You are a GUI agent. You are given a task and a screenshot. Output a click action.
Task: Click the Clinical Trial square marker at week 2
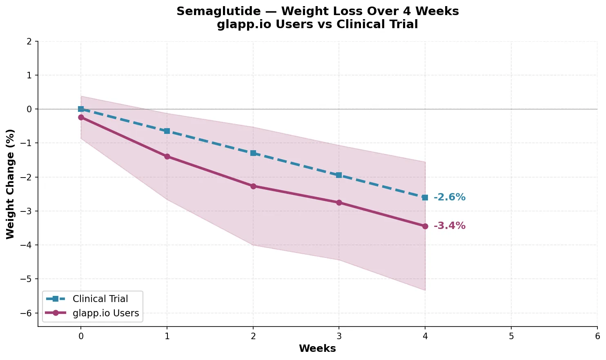[x=253, y=153]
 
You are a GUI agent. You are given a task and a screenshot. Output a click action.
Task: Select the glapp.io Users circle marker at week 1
[x=167, y=156]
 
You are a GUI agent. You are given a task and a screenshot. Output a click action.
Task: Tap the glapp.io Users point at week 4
[x=425, y=226]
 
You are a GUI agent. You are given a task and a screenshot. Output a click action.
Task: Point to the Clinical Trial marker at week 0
[x=81, y=109]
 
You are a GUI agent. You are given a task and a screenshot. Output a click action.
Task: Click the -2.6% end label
[x=449, y=198]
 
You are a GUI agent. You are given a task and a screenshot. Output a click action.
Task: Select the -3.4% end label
[x=449, y=226]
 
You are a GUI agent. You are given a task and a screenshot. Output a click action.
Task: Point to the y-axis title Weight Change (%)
[x=11, y=184]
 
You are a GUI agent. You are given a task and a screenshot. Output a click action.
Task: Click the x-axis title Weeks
[x=317, y=349]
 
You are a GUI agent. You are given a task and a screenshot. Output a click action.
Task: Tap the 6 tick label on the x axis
[x=597, y=336]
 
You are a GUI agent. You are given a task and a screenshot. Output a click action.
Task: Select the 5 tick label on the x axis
[x=511, y=336]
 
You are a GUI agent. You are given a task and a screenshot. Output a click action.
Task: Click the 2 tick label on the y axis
[x=29, y=41]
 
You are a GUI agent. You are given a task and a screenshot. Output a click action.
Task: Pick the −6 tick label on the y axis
[x=27, y=313]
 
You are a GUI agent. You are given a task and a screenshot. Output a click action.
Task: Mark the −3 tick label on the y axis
[x=27, y=211]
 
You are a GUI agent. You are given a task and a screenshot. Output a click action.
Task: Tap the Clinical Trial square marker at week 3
[x=339, y=175]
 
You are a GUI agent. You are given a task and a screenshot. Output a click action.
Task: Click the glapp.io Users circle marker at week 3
[x=339, y=202]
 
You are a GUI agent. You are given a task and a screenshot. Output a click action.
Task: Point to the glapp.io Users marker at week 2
[x=253, y=186]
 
